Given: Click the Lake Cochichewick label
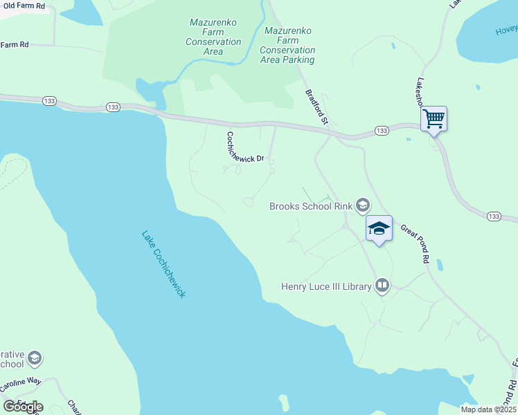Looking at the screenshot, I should click(163, 264).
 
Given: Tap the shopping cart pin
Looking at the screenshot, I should click(434, 119).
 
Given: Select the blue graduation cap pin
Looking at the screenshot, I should click(379, 228).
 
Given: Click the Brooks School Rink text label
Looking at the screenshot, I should click(310, 205).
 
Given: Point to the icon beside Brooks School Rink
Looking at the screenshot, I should click(362, 205).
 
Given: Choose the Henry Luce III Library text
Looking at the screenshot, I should click(326, 286).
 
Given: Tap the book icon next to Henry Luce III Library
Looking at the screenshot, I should click(382, 285).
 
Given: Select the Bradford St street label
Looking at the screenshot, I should click(317, 107).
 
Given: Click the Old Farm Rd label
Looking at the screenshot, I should click(24, 6).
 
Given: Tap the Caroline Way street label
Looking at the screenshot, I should click(21, 381).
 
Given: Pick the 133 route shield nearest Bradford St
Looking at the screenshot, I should click(381, 130).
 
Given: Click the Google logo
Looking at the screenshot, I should click(23, 406).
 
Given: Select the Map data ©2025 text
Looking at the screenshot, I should click(489, 409).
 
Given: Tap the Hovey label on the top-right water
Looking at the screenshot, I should click(506, 29).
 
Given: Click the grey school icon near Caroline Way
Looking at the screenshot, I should click(35, 358).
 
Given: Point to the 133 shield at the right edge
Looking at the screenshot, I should click(493, 216).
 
